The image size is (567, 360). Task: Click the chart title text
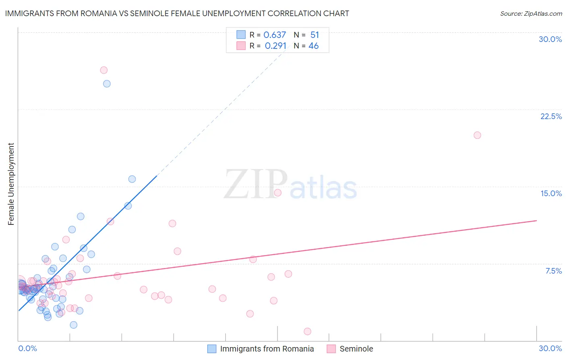[x=177, y=13]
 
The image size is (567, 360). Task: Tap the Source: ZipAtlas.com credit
[x=531, y=13]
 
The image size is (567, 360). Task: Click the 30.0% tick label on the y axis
[x=550, y=39]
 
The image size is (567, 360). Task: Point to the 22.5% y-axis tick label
[x=551, y=116]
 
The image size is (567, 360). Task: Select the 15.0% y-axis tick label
[x=551, y=193]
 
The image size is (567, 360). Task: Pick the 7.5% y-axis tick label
[x=553, y=271]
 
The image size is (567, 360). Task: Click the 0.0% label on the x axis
[x=27, y=348]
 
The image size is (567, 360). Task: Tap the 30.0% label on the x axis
[x=550, y=348]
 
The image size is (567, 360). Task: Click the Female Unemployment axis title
[x=11, y=184]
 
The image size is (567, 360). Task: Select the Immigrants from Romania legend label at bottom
[x=267, y=349]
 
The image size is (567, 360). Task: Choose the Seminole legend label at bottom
[x=356, y=349]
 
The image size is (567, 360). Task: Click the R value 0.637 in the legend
[x=275, y=35]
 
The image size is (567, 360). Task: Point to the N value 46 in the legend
[x=313, y=46]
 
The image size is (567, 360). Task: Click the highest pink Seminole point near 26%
[x=104, y=70]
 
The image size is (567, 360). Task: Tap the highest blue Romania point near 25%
[x=107, y=84]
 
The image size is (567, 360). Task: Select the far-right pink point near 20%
[x=477, y=135]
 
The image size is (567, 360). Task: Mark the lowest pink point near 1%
[x=307, y=331]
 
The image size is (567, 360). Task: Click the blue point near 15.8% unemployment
[x=132, y=179]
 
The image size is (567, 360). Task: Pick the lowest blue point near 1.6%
[x=73, y=325]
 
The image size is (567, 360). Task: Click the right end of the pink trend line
[x=536, y=220]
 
